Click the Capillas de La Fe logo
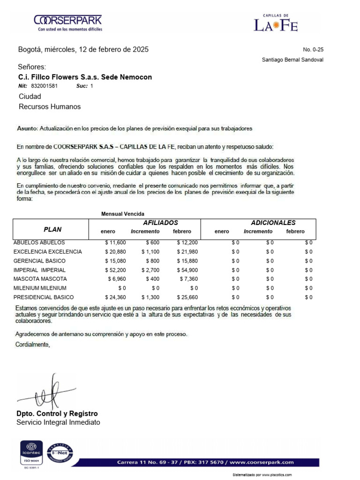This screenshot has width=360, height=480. click(x=276, y=23)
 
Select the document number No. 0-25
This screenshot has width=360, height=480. click(x=313, y=50)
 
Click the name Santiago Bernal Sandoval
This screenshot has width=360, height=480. click(x=292, y=60)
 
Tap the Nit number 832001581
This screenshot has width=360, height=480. click(x=45, y=86)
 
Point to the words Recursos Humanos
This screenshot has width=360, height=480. click(x=50, y=106)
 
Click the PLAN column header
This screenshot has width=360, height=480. click(x=52, y=230)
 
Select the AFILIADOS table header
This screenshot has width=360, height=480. click(x=160, y=223)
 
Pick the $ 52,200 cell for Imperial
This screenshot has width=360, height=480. click(x=115, y=270)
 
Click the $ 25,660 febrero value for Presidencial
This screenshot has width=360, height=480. click(x=187, y=297)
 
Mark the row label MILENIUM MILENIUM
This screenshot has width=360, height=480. click(x=40, y=288)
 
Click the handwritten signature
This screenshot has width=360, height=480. click(x=47, y=393)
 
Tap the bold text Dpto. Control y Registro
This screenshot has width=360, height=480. click(x=57, y=413)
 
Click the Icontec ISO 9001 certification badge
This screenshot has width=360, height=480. click(x=31, y=453)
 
